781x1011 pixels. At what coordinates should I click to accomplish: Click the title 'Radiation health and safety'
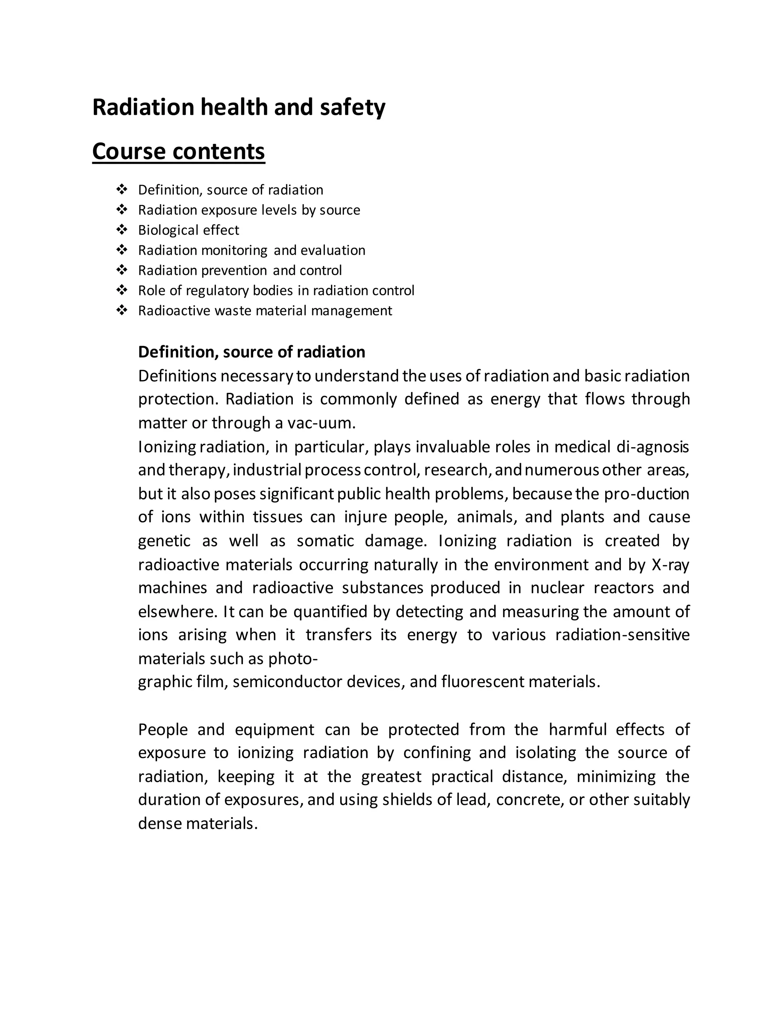coord(238,108)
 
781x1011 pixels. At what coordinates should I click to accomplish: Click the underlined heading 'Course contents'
coord(178,151)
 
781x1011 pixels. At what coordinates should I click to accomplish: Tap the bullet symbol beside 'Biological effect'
coord(122,230)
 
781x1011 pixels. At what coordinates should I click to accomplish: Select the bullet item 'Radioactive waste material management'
coord(265,311)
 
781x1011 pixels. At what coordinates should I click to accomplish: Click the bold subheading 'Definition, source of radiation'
coord(251,352)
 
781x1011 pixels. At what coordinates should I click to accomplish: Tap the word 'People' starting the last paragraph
coord(163,729)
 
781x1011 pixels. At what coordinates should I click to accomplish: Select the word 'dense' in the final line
coord(160,824)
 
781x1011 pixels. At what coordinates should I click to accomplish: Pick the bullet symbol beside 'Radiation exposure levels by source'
coord(122,210)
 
